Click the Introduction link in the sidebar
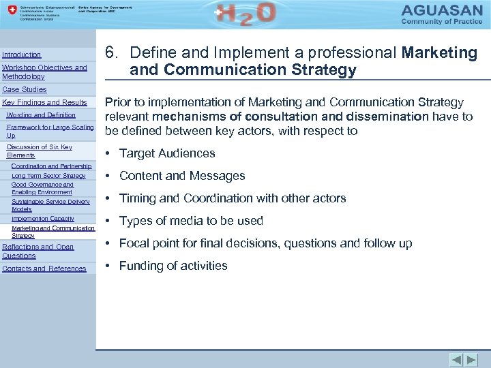(22, 55)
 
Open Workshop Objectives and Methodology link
(44, 72)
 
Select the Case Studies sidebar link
(25, 89)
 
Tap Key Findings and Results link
(45, 102)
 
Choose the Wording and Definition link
(41, 115)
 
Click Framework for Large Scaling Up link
(50, 132)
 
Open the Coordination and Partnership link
(51, 166)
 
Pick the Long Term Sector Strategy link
(48, 176)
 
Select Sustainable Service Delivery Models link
(50, 205)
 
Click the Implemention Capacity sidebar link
(43, 219)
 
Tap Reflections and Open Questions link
(38, 251)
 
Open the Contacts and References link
(44, 269)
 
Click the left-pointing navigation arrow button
(456, 359)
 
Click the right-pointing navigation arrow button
(471, 359)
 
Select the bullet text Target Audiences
(167, 153)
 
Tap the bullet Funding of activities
(173, 266)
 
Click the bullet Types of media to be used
(191, 221)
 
